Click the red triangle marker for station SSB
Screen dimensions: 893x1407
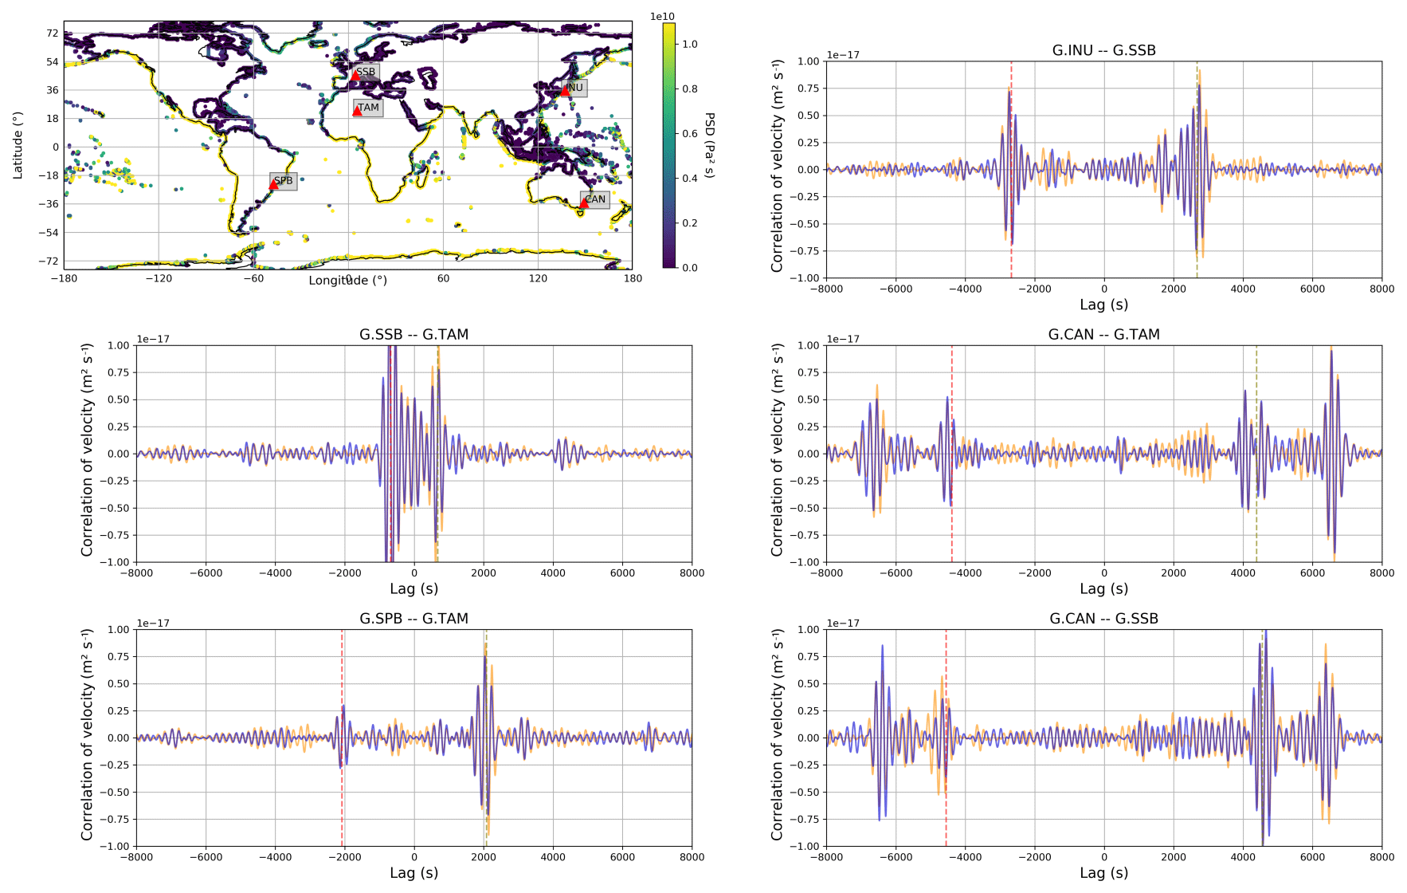click(x=355, y=76)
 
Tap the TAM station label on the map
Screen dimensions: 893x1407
click(x=369, y=108)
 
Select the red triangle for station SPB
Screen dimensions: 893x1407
click(x=273, y=184)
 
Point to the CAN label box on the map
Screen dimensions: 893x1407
click(x=595, y=199)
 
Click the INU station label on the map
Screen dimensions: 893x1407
click(x=574, y=88)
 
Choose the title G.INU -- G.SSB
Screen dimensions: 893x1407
click(x=1103, y=50)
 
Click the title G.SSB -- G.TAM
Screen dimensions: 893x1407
click(x=413, y=335)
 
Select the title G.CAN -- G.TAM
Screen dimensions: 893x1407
click(x=1103, y=335)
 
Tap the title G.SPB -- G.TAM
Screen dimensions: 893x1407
click(x=413, y=619)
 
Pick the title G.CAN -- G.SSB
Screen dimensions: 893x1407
click(x=1103, y=619)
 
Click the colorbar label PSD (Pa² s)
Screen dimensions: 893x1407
click(x=710, y=145)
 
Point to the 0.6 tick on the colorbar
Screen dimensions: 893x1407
click(x=689, y=134)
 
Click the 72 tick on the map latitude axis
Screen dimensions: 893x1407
click(x=53, y=33)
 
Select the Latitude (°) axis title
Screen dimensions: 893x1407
click(x=18, y=145)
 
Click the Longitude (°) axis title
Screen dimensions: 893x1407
click(x=348, y=281)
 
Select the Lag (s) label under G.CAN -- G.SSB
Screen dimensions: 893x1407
click(x=1103, y=873)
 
